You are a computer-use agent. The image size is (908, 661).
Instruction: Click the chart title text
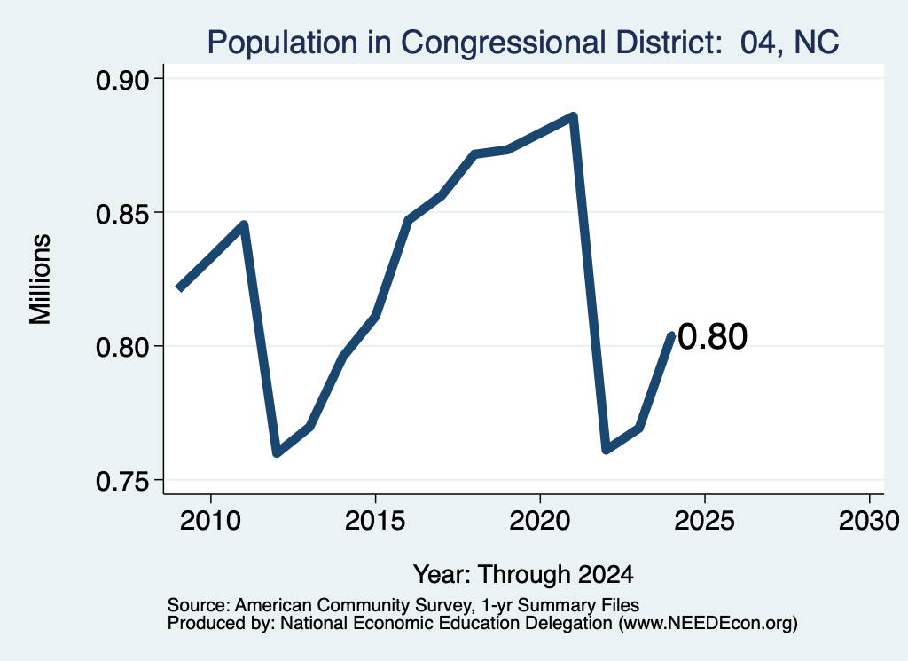(x=523, y=43)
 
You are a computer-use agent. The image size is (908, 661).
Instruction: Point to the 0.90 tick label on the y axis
(x=121, y=80)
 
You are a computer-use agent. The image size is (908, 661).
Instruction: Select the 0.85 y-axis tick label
(x=121, y=214)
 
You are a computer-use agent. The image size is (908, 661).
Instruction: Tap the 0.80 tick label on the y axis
(x=121, y=348)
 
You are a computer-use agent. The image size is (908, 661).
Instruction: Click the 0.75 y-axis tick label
(x=121, y=482)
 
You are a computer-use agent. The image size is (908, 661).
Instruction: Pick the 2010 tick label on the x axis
(x=210, y=521)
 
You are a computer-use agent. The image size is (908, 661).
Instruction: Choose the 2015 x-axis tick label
(x=375, y=521)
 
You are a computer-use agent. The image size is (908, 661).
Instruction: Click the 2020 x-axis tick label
(x=540, y=521)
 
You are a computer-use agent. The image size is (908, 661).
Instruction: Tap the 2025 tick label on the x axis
(x=705, y=521)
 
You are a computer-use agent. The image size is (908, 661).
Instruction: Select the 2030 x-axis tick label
(x=869, y=521)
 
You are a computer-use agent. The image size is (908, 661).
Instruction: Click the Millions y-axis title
(x=41, y=279)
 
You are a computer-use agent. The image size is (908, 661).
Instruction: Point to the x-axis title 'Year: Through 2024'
(x=523, y=575)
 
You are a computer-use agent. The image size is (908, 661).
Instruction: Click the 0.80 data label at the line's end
(x=712, y=336)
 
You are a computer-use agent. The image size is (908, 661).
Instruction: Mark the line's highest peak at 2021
(x=573, y=116)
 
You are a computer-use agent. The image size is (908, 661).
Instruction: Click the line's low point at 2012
(x=277, y=452)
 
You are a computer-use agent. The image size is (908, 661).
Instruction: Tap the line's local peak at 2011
(x=244, y=224)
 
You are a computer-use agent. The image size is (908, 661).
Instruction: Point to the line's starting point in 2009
(x=178, y=288)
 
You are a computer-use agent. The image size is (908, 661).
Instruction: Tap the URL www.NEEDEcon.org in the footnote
(x=708, y=624)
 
